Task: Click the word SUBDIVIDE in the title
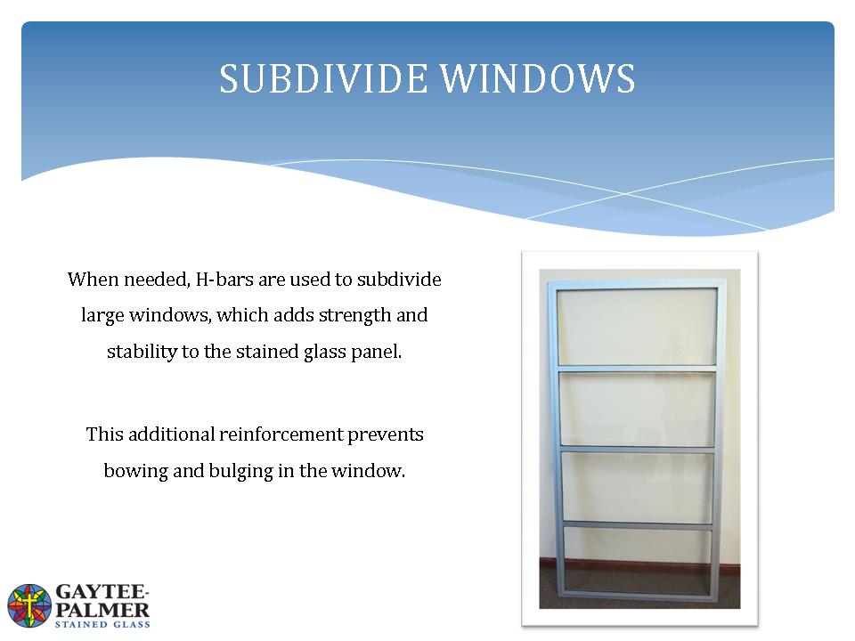(x=323, y=78)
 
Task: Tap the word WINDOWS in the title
(x=538, y=78)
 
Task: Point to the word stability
(x=142, y=353)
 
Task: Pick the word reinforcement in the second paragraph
(x=281, y=434)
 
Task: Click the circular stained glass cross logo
(x=29, y=605)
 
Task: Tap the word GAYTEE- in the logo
(x=102, y=592)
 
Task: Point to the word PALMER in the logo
(x=102, y=610)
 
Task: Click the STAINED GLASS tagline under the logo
(x=102, y=625)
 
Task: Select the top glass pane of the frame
(x=636, y=326)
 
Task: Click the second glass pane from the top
(x=637, y=410)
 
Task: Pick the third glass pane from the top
(x=637, y=488)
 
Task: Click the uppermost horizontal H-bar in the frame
(x=636, y=369)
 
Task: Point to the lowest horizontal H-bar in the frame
(x=637, y=525)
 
